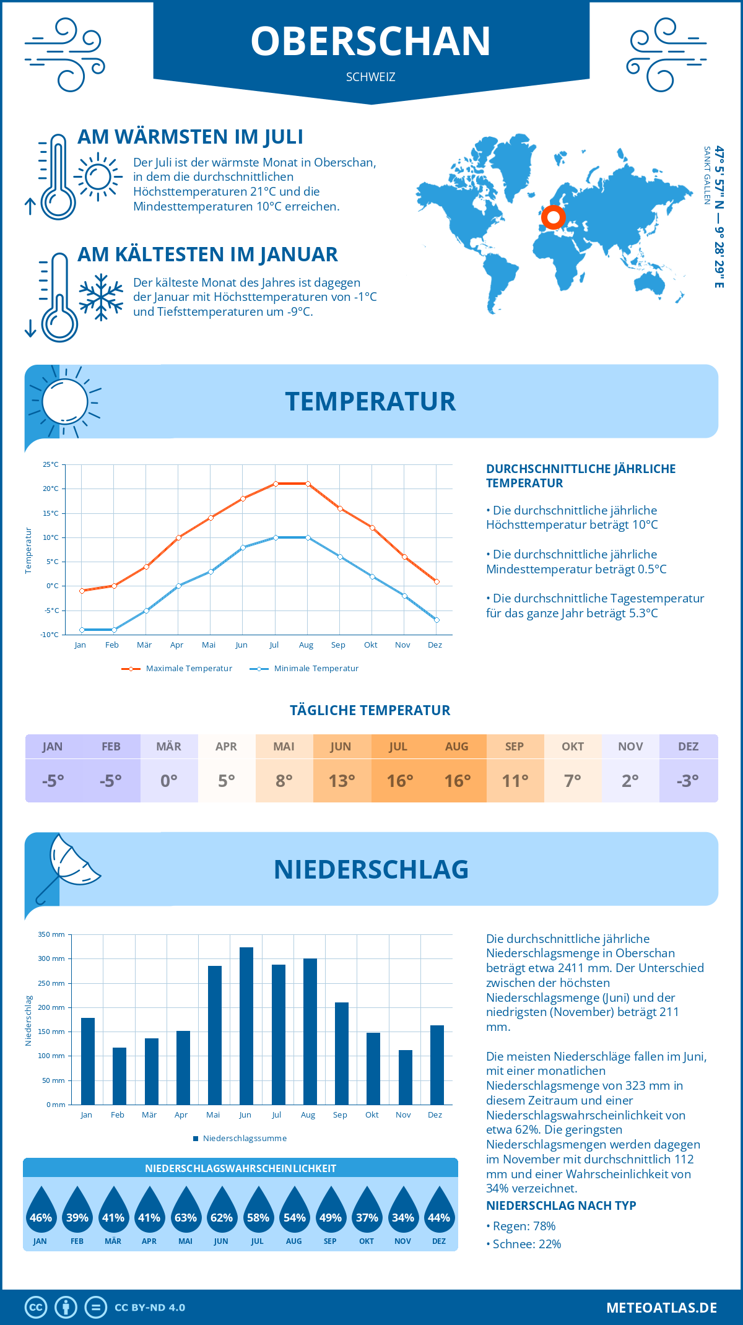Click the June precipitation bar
[246, 1026]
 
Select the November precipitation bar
[406, 1077]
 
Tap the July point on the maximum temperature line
[276, 484]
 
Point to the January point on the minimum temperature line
[82, 630]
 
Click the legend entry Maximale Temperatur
[177, 669]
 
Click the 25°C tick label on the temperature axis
[51, 464]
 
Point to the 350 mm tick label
[51, 934]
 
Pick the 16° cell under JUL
[399, 781]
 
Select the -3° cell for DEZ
[688, 781]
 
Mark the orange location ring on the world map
[553, 217]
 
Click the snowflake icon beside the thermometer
[101, 297]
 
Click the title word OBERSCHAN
[371, 41]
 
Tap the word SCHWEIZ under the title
[371, 77]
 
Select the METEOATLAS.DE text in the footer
[661, 1308]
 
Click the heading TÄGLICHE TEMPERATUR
[370, 711]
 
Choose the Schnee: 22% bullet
[526, 1245]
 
